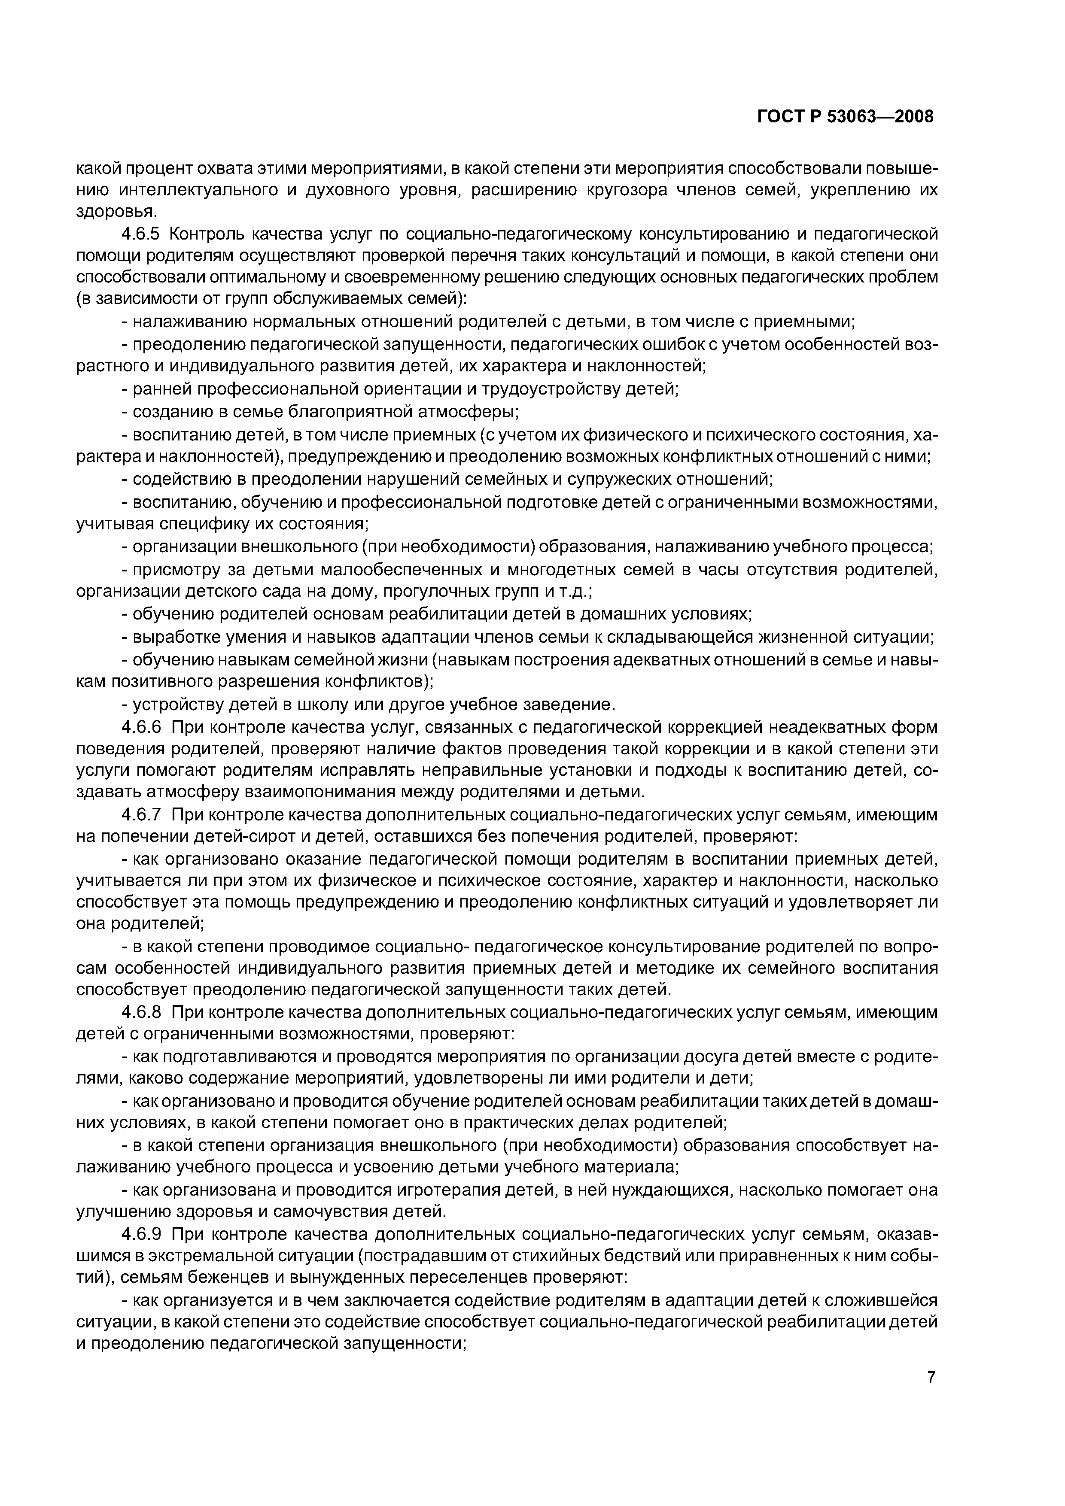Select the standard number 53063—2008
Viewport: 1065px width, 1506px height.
coord(880,117)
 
